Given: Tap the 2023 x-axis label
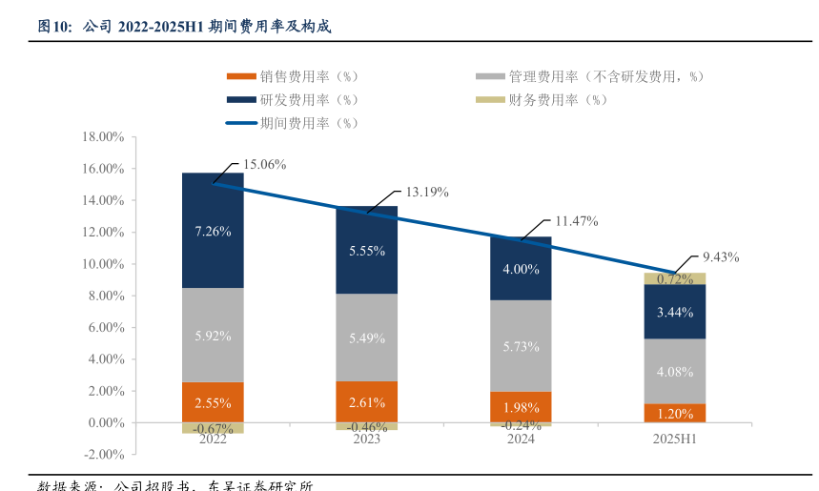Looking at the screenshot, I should (367, 439).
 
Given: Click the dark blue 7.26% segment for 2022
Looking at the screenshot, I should (213, 231).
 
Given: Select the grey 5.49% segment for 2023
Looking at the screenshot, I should (367, 338).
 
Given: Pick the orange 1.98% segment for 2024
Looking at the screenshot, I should (521, 407).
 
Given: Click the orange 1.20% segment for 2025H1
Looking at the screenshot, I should (675, 413).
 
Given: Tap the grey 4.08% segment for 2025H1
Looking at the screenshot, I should (675, 371).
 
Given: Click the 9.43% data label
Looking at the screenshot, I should (721, 256).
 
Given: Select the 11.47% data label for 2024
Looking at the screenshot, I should (576, 221).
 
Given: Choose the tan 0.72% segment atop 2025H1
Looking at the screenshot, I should (675, 278).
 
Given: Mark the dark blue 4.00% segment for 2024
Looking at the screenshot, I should (521, 269).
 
